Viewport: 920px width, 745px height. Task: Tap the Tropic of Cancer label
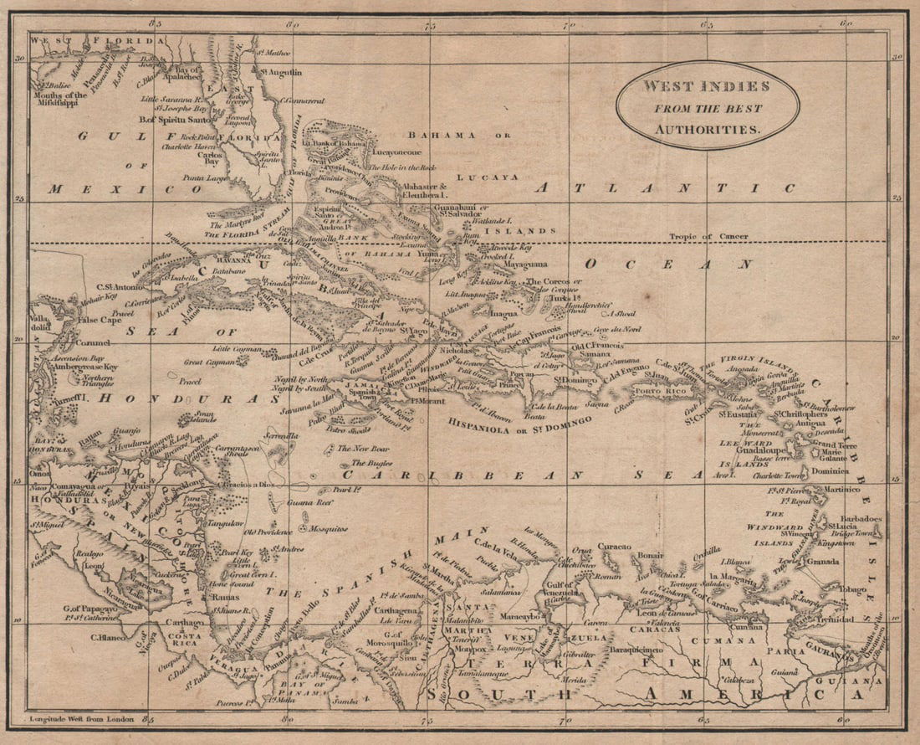click(703, 237)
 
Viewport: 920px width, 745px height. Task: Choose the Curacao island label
click(614, 545)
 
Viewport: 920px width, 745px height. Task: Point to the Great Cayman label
click(205, 362)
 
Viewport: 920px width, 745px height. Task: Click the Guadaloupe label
click(759, 450)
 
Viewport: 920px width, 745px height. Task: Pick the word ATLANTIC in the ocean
click(664, 188)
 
